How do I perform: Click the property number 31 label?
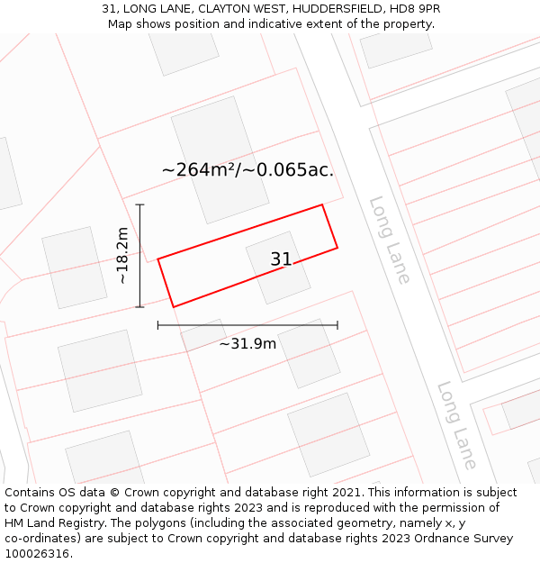281,259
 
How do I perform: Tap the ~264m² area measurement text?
198,169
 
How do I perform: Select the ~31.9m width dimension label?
247,343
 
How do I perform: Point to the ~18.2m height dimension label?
122,256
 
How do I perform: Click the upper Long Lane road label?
390,240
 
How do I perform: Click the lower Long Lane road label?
457,425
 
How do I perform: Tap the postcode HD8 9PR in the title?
416,9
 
